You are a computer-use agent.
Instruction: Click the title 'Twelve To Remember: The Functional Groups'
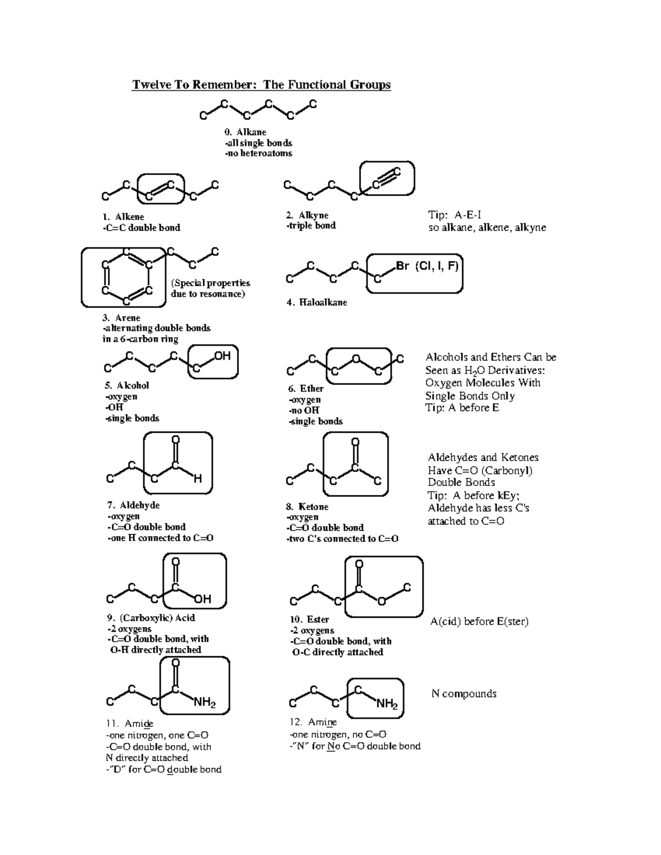tap(261, 85)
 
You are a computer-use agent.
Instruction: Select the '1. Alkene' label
tap(123, 217)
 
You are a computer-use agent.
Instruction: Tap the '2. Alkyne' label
tap(307, 215)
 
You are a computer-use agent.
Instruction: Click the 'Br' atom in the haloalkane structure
tap(403, 266)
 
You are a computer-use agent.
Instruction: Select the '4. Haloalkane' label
tap(317, 302)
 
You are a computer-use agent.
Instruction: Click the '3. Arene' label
tap(121, 318)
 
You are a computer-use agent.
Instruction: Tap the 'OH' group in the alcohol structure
tap(222, 356)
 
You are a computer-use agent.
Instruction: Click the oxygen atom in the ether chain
tap(356, 360)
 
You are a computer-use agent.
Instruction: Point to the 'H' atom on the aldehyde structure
tap(198, 479)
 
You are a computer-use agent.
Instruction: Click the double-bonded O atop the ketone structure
tap(355, 442)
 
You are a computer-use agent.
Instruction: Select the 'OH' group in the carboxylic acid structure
tap(202, 599)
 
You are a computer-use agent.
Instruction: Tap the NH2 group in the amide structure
tap(204, 702)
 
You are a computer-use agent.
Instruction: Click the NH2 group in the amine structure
tap(387, 704)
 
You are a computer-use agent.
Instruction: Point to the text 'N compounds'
tap(464, 694)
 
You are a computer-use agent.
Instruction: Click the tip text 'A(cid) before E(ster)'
tap(479, 622)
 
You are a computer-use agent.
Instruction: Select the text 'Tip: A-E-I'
tap(455, 215)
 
